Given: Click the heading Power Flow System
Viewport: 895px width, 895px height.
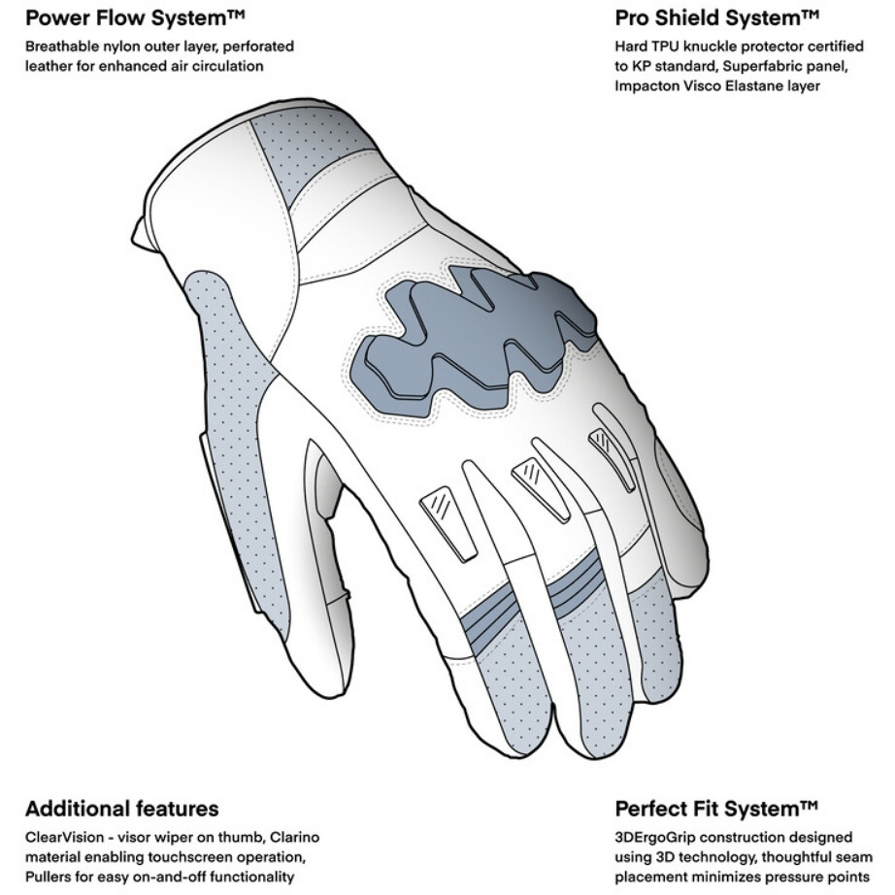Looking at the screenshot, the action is [135, 18].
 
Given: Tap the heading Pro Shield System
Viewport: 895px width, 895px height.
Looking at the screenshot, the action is [717, 18].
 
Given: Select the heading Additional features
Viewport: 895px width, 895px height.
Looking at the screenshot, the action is [122, 809].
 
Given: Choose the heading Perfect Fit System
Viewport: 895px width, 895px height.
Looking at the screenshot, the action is [716, 809].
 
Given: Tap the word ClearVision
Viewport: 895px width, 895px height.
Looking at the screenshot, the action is [64, 838].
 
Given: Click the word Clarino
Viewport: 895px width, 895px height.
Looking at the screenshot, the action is [294, 838].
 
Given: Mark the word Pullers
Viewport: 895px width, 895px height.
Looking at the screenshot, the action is [46, 877].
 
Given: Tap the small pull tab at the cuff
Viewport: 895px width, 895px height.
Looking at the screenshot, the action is [141, 234].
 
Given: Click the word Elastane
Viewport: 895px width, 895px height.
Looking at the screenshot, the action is [746, 86].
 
